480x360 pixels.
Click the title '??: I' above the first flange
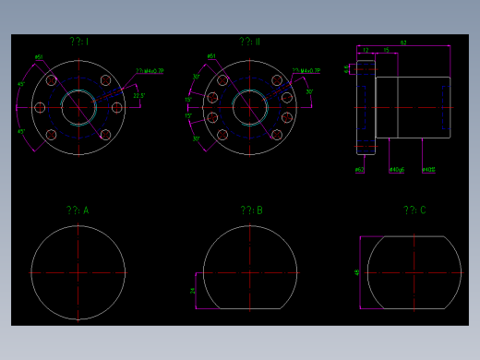pos(78,42)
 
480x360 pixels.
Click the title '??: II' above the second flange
pos(250,42)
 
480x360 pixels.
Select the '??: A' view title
pos(78,211)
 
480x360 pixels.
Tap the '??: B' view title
pos(251,211)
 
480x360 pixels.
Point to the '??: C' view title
pos(414,211)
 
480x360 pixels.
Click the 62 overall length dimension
pos(403,42)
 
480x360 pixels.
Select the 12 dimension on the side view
pos(366,50)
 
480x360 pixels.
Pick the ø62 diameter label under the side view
pos(359,170)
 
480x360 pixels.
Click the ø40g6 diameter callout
pos(397,170)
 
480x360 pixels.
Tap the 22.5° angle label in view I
pos(139,96)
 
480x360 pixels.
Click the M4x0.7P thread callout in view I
pos(150,70)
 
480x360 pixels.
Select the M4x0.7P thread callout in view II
pos(306,70)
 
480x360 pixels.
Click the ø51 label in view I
pos(39,57)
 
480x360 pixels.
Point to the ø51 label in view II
pos(211,57)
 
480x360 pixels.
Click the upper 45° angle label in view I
pos(21,85)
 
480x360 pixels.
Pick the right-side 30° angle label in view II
pos(309,92)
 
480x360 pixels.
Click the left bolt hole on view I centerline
pos(41,107)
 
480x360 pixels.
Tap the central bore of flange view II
pos(250,106)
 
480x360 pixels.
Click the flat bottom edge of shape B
pos(250,308)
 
